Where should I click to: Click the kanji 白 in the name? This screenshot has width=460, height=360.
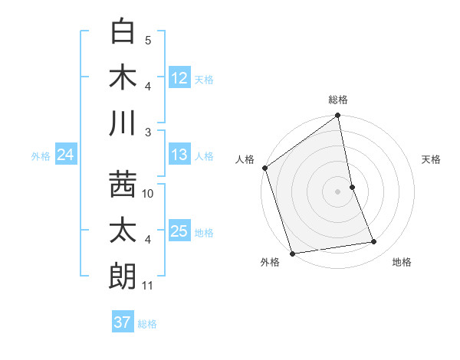pyautogui.click(x=123, y=31)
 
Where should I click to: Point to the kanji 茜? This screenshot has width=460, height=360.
pyautogui.click(x=123, y=185)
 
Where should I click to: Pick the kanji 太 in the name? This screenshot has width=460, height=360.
pyautogui.click(x=123, y=231)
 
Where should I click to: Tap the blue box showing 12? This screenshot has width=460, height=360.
pyautogui.click(x=179, y=77)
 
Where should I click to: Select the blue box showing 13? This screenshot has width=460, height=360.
pyautogui.click(x=179, y=155)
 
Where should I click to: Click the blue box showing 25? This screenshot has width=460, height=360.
pyautogui.click(x=179, y=231)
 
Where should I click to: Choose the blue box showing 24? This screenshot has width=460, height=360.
pyautogui.click(x=66, y=155)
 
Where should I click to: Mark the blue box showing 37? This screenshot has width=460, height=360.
pyautogui.click(x=123, y=322)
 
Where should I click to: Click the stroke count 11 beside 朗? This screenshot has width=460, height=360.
pyautogui.click(x=148, y=286)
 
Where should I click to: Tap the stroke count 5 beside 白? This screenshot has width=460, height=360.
pyautogui.click(x=148, y=41)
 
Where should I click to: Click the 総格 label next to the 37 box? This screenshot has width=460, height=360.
pyautogui.click(x=147, y=324)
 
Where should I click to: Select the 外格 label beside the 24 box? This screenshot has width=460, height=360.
pyautogui.click(x=41, y=156)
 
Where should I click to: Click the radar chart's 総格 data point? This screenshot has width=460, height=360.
pyautogui.click(x=338, y=116)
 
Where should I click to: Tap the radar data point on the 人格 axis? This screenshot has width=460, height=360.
pyautogui.click(x=265, y=168)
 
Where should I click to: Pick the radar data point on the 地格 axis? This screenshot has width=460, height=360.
pyautogui.click(x=374, y=241)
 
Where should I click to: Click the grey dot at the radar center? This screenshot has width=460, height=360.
pyautogui.click(x=338, y=191)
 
